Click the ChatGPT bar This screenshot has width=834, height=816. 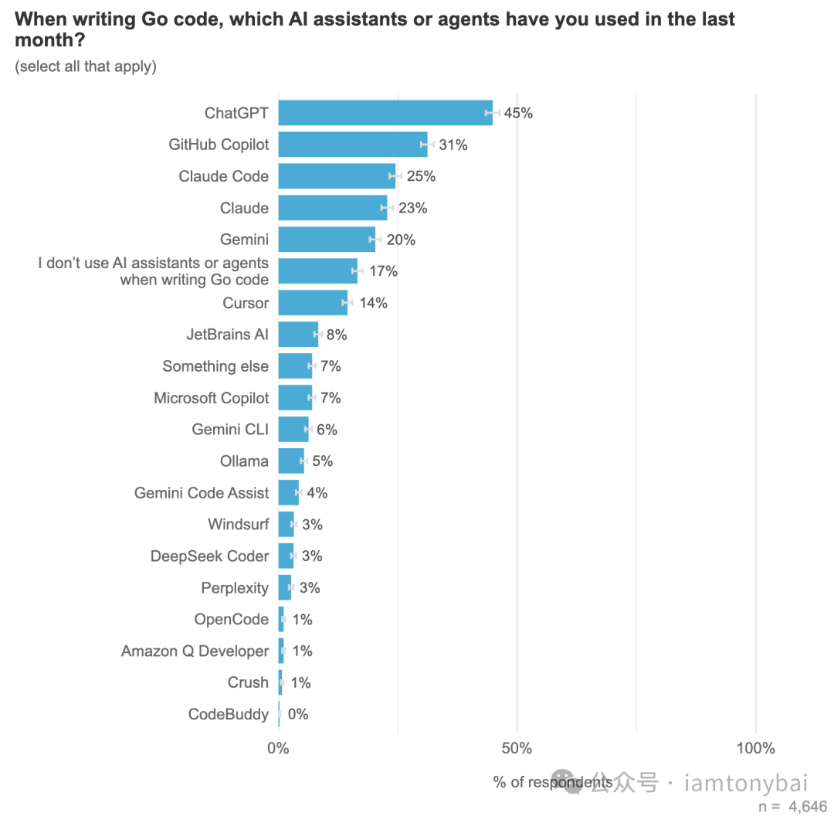[385, 113]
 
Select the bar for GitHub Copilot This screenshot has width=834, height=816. [352, 144]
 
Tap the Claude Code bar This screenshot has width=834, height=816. [336, 176]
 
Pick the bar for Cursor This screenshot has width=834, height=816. [312, 303]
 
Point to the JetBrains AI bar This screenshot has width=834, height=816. [297, 335]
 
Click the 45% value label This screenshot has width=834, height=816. [518, 113]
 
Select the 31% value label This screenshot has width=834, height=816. [453, 144]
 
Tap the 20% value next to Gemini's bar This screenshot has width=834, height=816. [401, 240]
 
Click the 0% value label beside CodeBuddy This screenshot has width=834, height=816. [298, 714]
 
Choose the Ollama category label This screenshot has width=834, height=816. [244, 461]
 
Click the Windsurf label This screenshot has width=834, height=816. [238, 525]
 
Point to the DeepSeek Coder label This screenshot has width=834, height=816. [209, 556]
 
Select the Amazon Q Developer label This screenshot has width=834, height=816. [195, 651]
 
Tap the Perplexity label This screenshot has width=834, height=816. [235, 588]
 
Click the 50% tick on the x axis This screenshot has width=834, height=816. [517, 748]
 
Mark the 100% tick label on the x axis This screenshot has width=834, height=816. [755, 748]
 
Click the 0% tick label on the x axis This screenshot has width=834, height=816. [278, 748]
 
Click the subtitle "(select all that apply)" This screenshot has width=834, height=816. [86, 66]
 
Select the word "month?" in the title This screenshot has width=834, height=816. [49, 40]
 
